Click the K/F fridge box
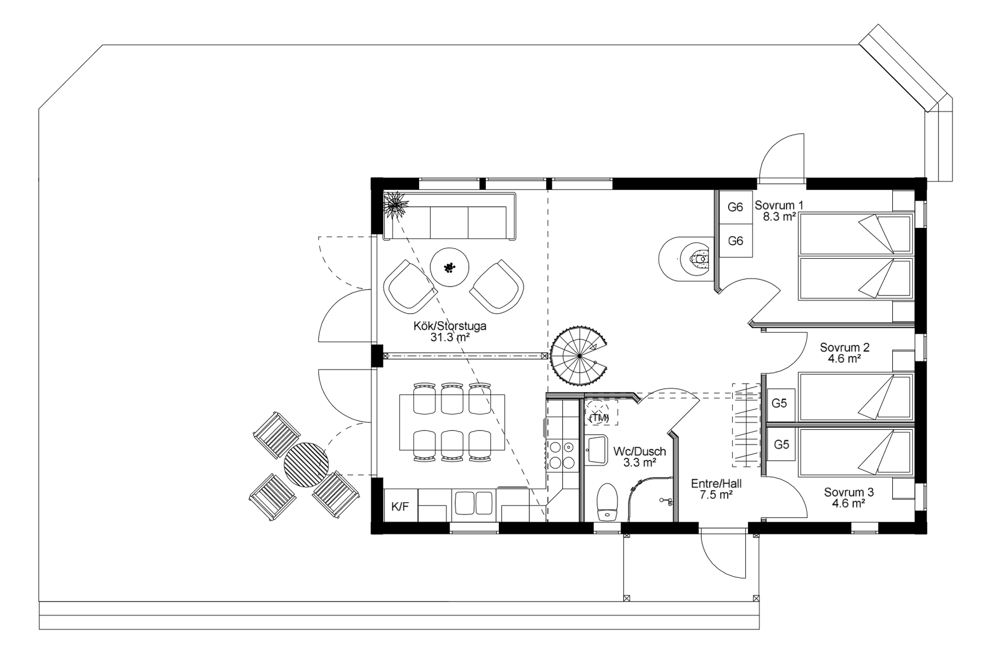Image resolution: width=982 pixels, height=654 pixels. [x=400, y=506]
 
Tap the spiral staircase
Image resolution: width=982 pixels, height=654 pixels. [x=579, y=356]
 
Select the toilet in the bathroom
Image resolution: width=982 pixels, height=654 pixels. [x=607, y=502]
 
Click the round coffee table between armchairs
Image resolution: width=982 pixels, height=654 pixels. [x=449, y=268]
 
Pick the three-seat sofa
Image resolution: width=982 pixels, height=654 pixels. [x=450, y=216]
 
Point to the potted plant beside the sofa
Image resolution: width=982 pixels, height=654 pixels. [x=396, y=204]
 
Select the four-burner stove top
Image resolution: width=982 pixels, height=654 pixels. [x=562, y=455]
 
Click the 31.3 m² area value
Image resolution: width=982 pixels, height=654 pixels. [x=450, y=337]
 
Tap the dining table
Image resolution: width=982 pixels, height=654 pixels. [x=452, y=423]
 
